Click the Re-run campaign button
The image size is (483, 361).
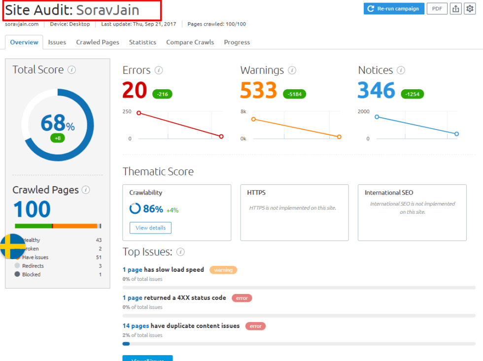(394, 8)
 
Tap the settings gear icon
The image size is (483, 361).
(469, 8)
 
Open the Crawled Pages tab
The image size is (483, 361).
(98, 42)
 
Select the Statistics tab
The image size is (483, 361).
(142, 42)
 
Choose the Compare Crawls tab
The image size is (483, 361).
(190, 42)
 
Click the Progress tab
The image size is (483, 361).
(237, 42)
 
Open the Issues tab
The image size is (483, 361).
(57, 42)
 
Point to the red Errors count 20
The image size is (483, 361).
(135, 91)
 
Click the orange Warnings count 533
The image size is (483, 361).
(258, 91)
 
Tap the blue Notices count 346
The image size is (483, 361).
(377, 91)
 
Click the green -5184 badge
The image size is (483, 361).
(295, 94)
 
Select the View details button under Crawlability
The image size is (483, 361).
(150, 228)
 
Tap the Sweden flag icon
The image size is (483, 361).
(12, 246)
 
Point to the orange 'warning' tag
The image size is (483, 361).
(223, 270)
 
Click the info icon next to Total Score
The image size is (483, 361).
(71, 70)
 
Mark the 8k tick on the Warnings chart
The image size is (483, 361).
(243, 112)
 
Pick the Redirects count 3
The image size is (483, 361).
(100, 266)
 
